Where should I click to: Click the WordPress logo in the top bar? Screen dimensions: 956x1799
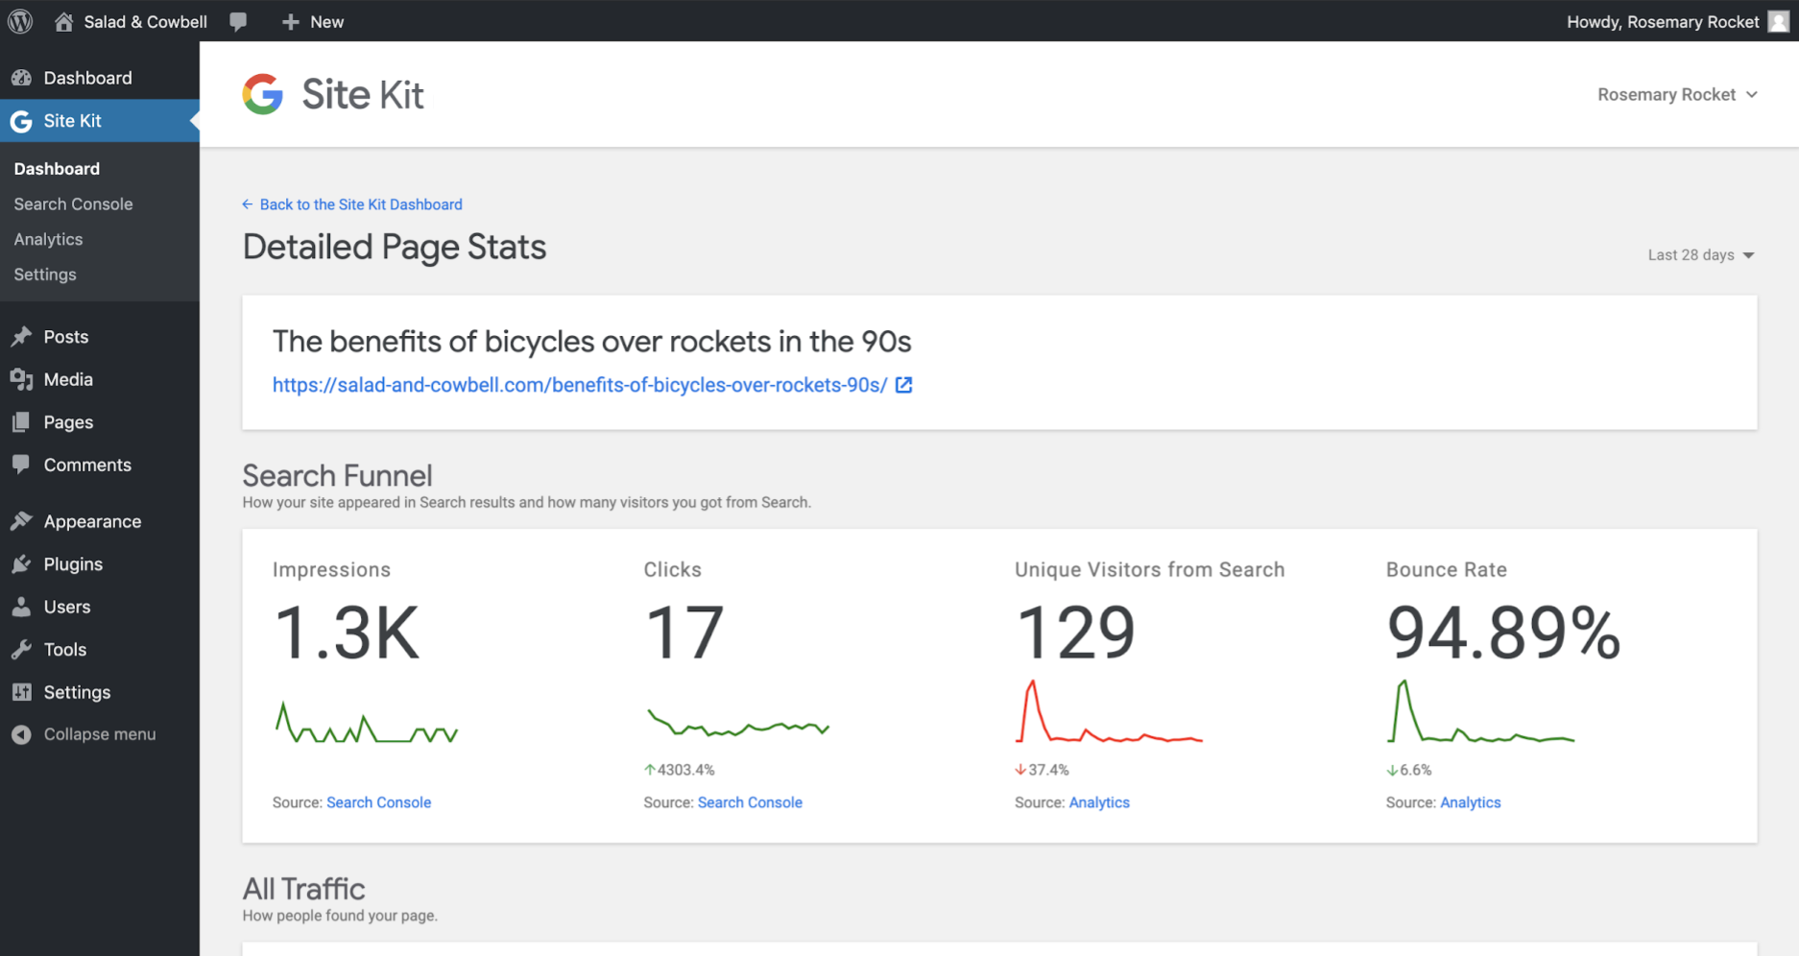click(20, 21)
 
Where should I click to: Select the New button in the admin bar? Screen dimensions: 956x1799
click(313, 21)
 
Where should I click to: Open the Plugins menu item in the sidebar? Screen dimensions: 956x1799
click(73, 564)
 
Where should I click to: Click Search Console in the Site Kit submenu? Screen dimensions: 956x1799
click(73, 204)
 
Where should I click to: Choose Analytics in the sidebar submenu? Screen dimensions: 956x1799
click(48, 239)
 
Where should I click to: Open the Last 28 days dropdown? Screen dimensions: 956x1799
click(1700, 255)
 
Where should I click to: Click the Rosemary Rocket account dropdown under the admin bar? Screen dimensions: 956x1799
click(1676, 95)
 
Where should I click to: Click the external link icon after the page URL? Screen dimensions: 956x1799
click(903, 385)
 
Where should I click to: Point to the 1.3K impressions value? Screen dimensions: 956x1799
click(347, 633)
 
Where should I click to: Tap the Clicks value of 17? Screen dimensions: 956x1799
click(684, 633)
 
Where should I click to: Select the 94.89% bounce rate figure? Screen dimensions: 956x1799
click(1502, 633)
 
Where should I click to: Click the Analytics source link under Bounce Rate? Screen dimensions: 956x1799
click(1470, 802)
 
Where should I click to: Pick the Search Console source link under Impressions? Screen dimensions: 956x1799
click(378, 802)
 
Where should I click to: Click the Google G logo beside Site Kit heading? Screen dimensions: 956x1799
click(263, 94)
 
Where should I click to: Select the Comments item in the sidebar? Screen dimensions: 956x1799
click(86, 465)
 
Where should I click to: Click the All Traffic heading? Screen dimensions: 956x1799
click(303, 889)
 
